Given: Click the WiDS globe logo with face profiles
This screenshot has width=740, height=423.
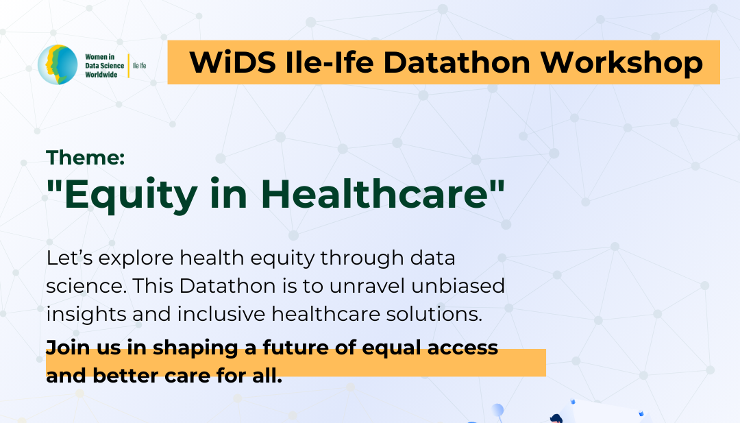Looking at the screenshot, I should pos(58,64).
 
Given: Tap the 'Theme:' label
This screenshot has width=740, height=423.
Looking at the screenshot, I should pos(86,158).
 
